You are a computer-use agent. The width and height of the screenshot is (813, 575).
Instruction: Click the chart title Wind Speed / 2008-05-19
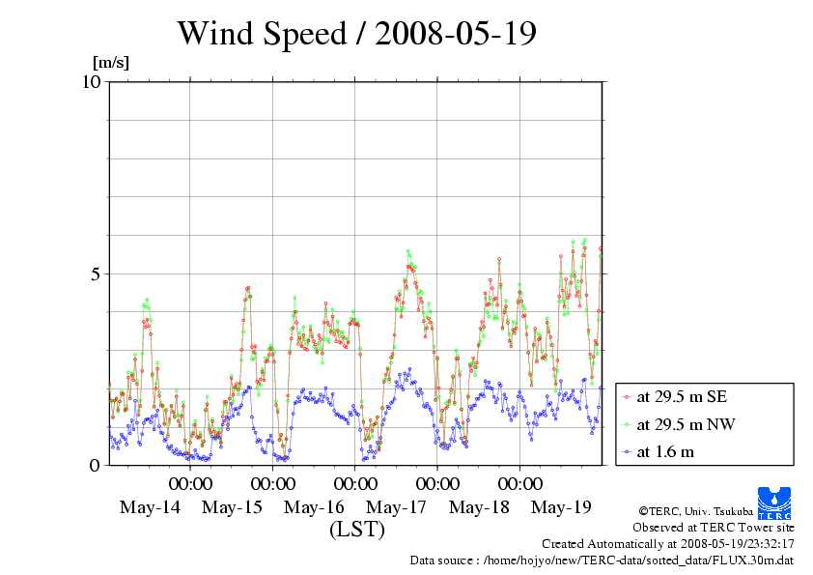[356, 34]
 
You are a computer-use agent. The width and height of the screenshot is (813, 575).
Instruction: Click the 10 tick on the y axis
[92, 81]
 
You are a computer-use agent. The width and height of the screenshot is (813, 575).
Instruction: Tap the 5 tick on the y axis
[96, 273]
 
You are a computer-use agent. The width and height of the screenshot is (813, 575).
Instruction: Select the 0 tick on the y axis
[96, 465]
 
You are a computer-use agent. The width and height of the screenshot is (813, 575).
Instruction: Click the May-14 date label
[150, 507]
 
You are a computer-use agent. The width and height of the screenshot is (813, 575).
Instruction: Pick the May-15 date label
[232, 507]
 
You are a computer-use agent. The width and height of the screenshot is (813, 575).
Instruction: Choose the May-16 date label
[314, 507]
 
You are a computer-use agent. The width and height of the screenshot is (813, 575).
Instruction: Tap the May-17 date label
[397, 507]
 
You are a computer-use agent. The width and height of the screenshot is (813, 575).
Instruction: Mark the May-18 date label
[480, 507]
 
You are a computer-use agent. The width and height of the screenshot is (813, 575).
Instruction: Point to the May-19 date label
[562, 507]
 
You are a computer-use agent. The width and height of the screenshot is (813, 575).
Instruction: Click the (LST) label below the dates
[356, 530]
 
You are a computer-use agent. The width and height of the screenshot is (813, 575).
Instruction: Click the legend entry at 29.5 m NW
[680, 424]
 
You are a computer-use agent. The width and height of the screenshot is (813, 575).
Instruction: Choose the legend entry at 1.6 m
[665, 451]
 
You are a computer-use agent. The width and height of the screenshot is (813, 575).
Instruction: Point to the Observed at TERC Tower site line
[713, 528]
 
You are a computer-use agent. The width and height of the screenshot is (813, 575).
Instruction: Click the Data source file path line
[602, 561]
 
